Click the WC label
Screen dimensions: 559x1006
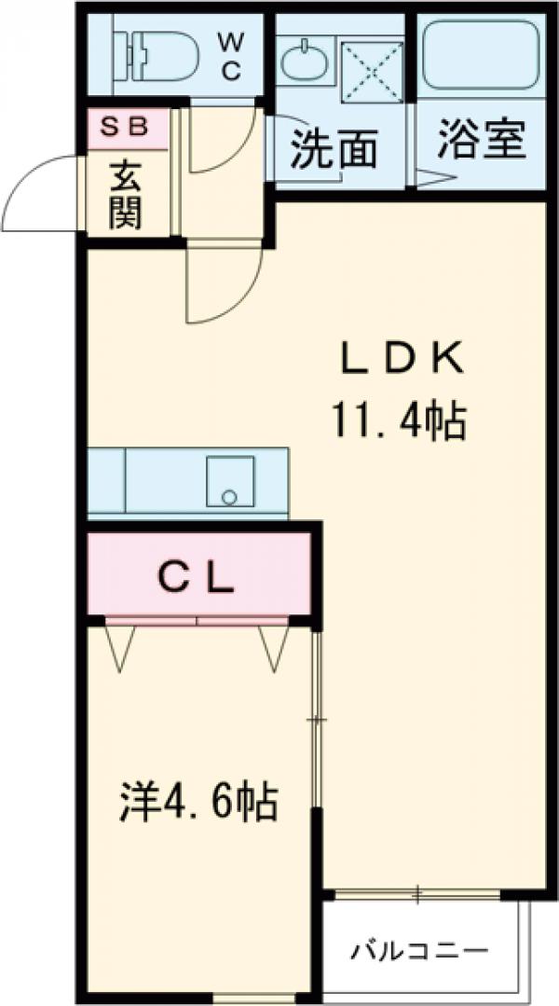click(x=231, y=57)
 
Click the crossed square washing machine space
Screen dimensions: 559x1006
click(x=372, y=73)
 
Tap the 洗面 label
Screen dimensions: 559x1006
click(x=334, y=148)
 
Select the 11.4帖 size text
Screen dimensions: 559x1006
click(x=398, y=420)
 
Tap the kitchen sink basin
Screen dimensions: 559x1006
click(x=230, y=482)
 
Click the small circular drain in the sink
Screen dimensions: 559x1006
click(x=228, y=497)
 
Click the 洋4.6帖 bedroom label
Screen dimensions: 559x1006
click(x=198, y=801)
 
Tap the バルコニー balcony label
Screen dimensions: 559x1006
click(x=419, y=950)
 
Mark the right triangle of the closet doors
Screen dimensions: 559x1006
click(x=274, y=648)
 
